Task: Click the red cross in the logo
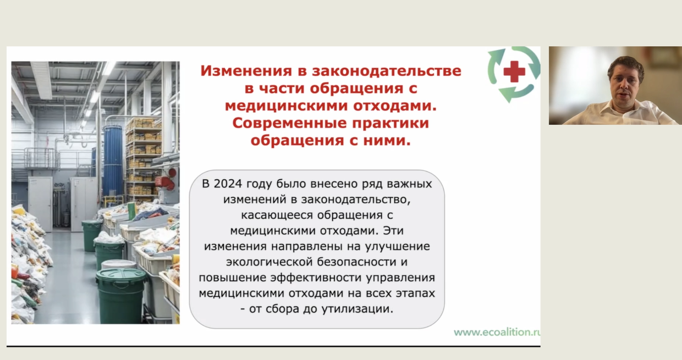point(514,71)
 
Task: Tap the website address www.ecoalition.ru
point(497,332)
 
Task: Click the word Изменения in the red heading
point(246,71)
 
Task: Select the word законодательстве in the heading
point(387,71)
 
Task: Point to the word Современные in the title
point(289,123)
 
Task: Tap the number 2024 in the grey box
point(228,184)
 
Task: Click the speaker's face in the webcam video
point(624,84)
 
